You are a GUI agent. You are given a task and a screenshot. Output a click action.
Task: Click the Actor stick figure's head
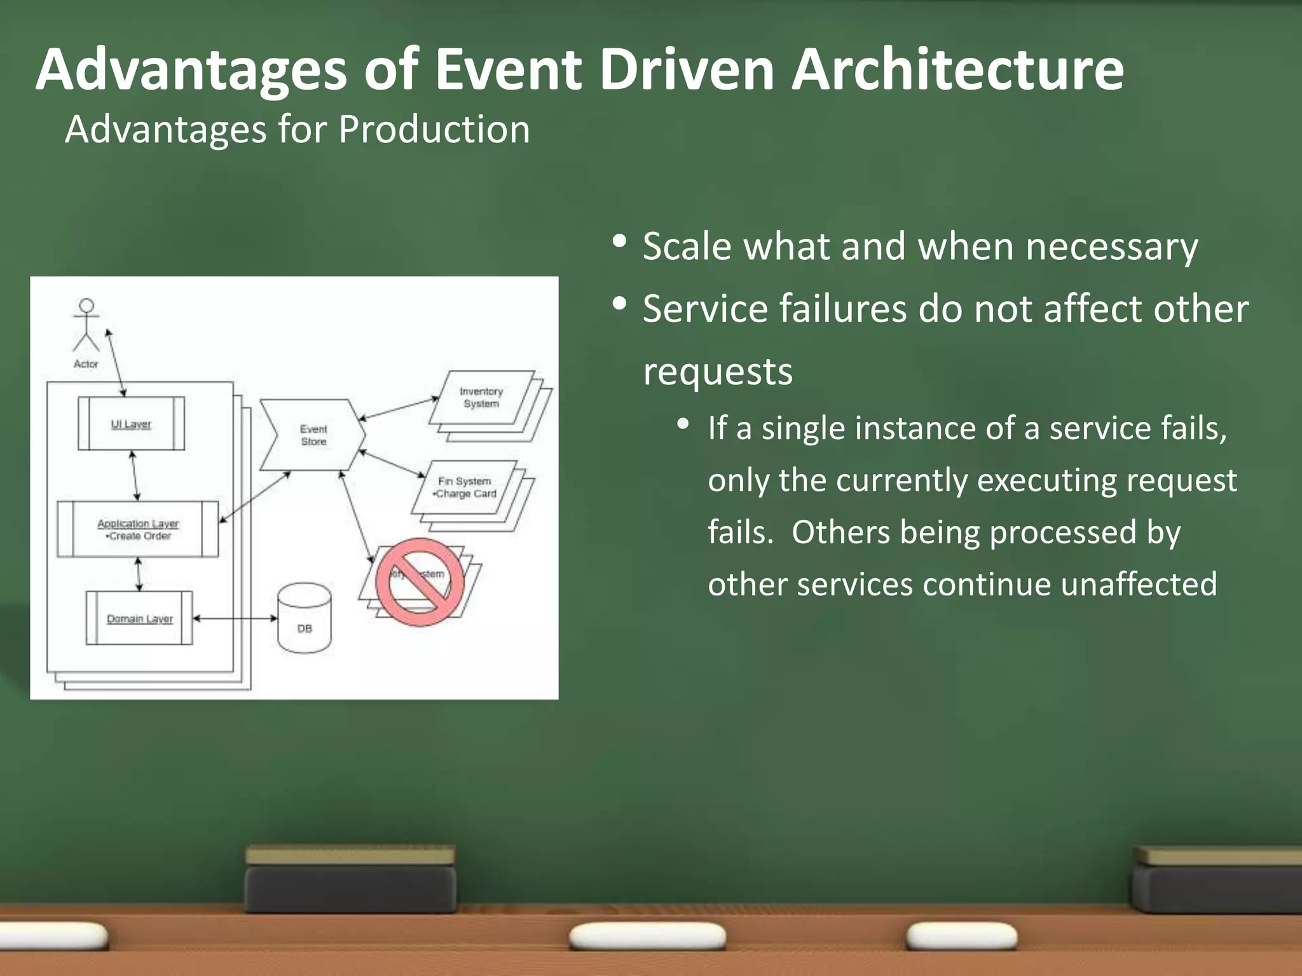(x=86, y=306)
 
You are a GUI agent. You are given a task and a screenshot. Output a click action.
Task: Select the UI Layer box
(x=131, y=424)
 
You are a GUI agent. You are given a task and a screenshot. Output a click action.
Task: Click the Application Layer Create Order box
(x=138, y=529)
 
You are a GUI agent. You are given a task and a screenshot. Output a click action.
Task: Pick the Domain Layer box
(x=139, y=618)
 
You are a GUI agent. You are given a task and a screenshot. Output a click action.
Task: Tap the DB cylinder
(x=305, y=620)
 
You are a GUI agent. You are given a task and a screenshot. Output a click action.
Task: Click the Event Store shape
(x=313, y=435)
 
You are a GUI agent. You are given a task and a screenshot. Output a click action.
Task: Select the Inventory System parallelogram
(x=481, y=398)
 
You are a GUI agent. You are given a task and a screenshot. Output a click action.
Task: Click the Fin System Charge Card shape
(x=464, y=487)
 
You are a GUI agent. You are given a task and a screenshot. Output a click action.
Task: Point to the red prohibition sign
(x=420, y=582)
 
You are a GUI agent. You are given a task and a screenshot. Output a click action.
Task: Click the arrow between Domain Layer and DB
(x=235, y=618)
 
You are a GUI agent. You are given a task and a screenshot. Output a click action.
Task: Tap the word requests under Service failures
(x=718, y=372)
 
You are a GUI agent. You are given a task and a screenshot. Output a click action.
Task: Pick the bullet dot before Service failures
(x=620, y=304)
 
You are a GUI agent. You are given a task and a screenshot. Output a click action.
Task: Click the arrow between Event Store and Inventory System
(x=399, y=409)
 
